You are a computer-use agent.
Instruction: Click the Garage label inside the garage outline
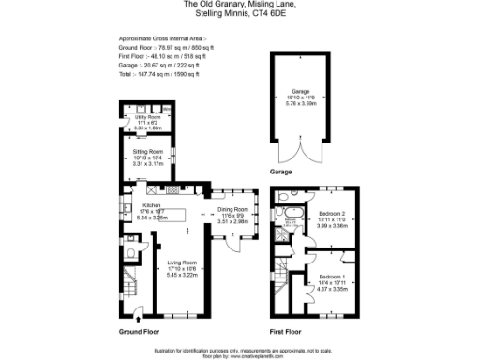(x=297, y=92)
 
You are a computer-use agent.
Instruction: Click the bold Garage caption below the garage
(x=280, y=172)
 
